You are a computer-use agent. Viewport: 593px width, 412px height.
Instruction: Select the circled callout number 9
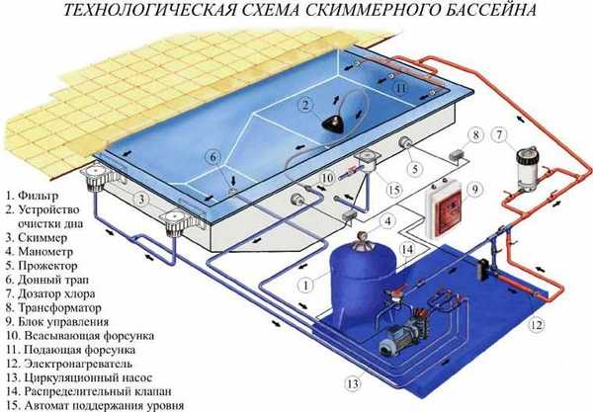pos(472,189)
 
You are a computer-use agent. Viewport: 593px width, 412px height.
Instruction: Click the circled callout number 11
pos(399,88)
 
